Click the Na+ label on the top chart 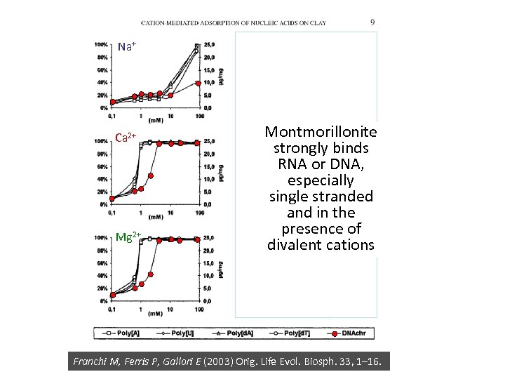coord(126,46)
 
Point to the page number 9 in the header coord(372,22)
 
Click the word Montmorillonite coord(321,132)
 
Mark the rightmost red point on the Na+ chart coord(199,83)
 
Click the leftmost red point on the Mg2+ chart coord(112,295)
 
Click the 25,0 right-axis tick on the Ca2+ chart coord(209,141)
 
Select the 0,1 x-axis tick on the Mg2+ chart coord(112,308)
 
